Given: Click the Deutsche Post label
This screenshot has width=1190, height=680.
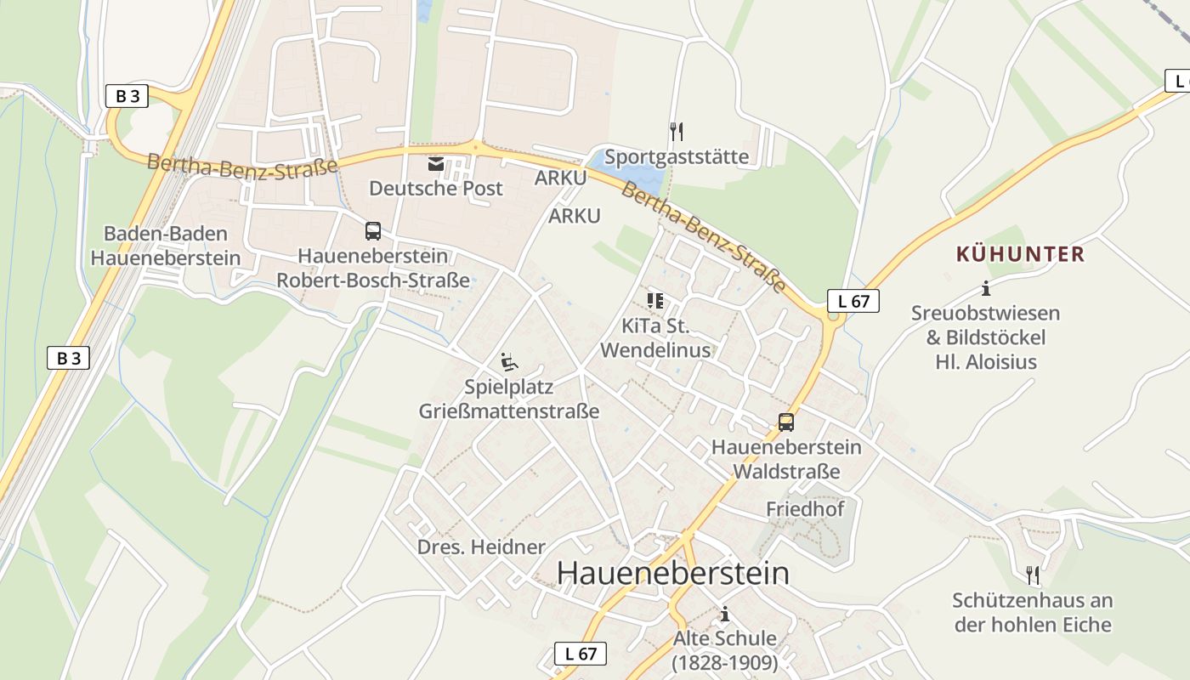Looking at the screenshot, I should pos(435,188).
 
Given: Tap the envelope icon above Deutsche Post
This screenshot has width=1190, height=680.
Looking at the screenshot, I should pos(436,162).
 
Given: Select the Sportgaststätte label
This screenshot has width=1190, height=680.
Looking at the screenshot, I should pos(677,156).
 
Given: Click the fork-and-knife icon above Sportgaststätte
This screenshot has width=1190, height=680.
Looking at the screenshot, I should pos(677,131).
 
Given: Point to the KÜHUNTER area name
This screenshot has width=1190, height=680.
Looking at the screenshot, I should pos(1020,253).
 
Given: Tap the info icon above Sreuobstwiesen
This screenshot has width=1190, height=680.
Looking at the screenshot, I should pos(985,287).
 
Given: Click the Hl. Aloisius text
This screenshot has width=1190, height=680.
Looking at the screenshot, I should pos(986,361).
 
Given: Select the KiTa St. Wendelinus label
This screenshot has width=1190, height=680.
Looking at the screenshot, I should pos(655,337).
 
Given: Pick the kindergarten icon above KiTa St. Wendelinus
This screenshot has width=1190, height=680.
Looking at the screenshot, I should pos(654,300).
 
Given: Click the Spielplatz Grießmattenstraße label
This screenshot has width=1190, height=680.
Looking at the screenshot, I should pos(508,399).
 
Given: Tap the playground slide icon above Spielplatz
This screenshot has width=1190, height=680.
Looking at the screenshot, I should pos(508,362).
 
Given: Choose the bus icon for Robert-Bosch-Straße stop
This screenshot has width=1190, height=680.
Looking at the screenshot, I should pos(372,230).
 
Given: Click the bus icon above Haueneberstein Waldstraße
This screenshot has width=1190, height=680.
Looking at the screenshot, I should pos(786,422).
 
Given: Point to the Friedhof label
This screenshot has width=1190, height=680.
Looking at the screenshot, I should pos(805,508).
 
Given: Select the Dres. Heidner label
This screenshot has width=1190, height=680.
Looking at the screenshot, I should pos(480,547).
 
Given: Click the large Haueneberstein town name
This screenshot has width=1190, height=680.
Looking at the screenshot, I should pos(672,573).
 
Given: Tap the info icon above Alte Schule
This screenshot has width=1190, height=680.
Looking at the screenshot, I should pos(724,613).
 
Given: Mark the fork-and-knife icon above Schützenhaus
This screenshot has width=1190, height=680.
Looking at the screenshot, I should pos(1032,575).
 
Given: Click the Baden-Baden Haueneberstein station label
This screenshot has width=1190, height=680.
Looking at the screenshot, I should pos(165,246).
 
